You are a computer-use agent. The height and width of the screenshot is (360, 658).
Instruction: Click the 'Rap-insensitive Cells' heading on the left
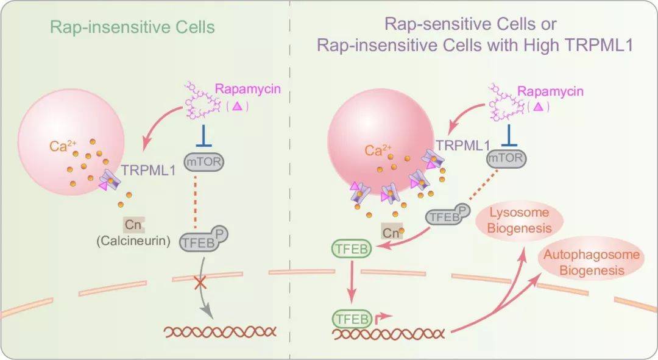pyautogui.click(x=132, y=27)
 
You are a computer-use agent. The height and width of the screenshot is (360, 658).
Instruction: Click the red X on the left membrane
pyautogui.click(x=198, y=284)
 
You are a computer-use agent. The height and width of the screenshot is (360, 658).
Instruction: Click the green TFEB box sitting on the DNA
pyautogui.click(x=350, y=318)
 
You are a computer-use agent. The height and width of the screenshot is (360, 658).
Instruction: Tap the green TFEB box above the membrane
pyautogui.click(x=350, y=249)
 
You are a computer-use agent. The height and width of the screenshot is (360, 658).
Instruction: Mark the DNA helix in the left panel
pyautogui.click(x=220, y=332)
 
